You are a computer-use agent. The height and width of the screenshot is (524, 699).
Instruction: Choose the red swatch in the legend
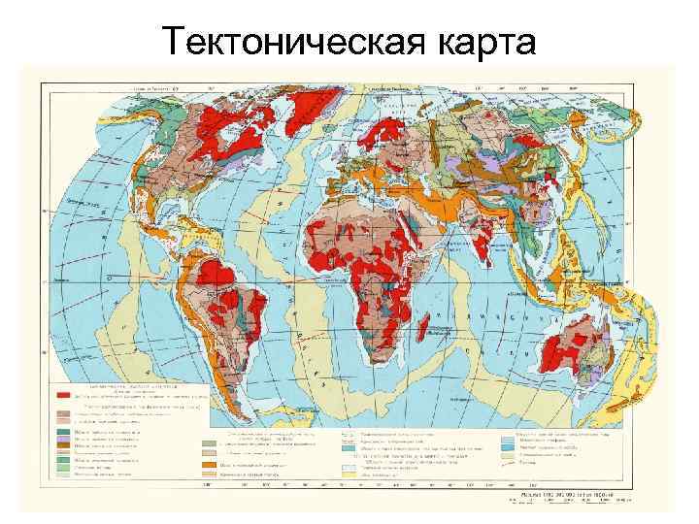[x=67, y=397]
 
